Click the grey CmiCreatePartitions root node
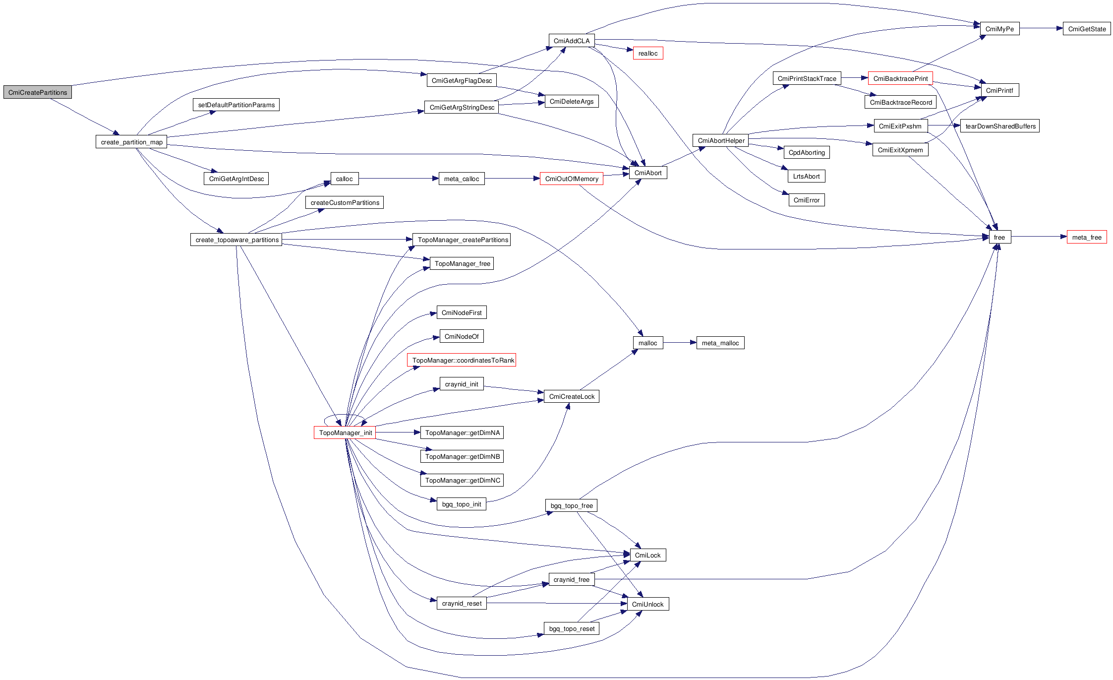click(x=38, y=92)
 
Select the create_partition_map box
click(x=131, y=142)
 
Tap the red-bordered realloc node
click(x=647, y=53)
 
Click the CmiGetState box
click(x=1086, y=29)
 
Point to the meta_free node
click(x=1086, y=237)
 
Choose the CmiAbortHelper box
click(x=721, y=140)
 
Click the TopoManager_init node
click(x=345, y=433)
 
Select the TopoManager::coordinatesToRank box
click(x=462, y=360)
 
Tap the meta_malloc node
click(x=720, y=343)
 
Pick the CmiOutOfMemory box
click(x=571, y=179)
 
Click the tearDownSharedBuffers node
click(x=1000, y=126)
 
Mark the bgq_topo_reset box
click(x=572, y=628)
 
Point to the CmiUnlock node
click(x=647, y=604)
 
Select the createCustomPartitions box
click(x=345, y=202)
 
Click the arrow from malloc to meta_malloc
click(x=680, y=342)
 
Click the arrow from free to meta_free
click(x=1039, y=237)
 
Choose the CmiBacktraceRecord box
click(x=900, y=102)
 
